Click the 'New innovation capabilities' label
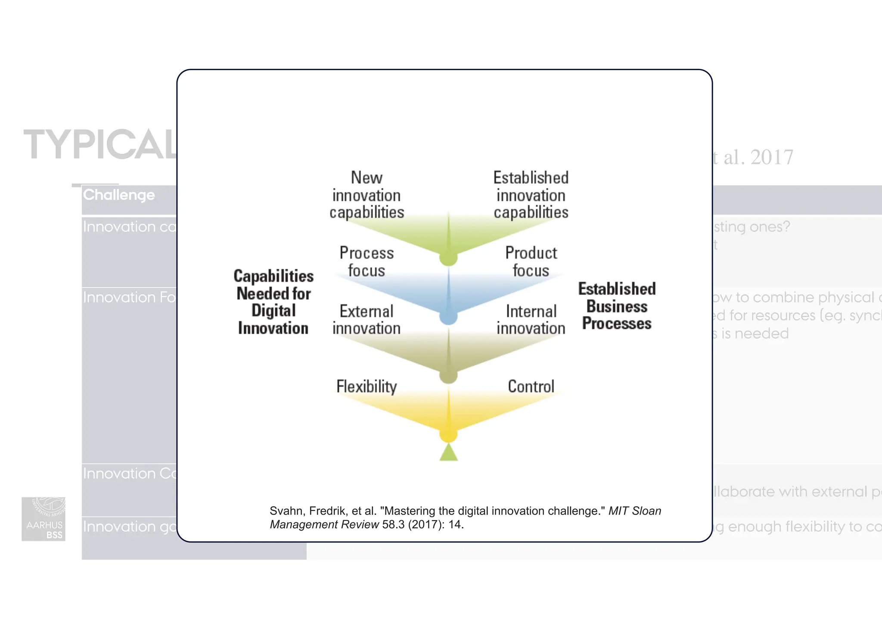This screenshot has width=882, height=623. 366,195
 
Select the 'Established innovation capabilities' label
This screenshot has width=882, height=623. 531,195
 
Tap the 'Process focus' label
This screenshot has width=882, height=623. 366,262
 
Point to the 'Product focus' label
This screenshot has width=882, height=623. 531,262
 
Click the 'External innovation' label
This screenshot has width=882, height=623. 366,320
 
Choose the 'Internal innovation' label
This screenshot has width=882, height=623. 531,320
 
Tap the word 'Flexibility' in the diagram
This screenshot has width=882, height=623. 366,387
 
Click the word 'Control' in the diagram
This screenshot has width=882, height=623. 531,387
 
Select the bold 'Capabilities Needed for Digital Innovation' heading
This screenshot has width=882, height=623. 273,302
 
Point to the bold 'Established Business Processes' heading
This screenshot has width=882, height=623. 617,306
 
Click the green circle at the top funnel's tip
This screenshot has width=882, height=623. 448,258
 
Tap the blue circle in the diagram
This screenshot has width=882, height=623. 448,317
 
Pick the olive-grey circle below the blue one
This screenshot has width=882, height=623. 448,376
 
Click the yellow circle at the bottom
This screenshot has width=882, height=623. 448,435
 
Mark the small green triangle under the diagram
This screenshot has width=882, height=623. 448,453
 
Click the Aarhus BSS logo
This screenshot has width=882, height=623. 43,519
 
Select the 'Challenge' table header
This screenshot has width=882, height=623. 119,195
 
